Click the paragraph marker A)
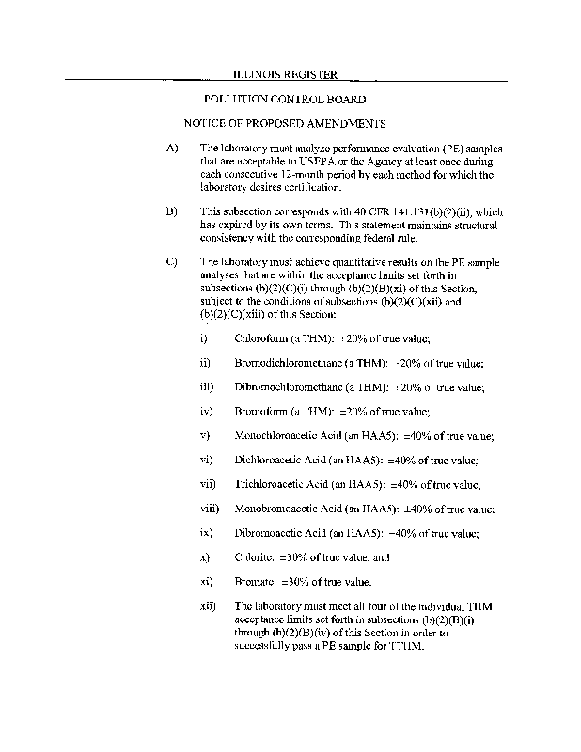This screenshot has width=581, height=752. [x=171, y=149]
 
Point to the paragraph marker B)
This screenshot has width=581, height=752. [x=171, y=212]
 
